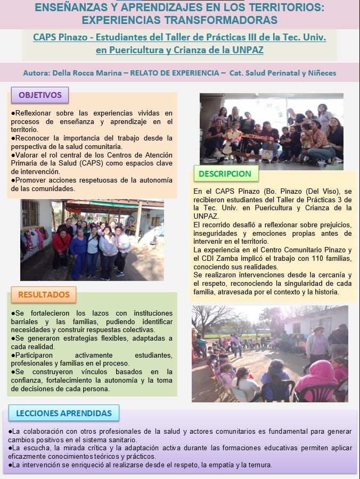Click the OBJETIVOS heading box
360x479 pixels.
(40, 95)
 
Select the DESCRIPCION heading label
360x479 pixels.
(225, 174)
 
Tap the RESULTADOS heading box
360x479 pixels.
(44, 294)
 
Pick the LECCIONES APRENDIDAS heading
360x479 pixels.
(64, 413)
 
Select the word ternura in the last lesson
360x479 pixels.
(260, 465)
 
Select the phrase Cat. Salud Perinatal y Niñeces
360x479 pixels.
(283, 73)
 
